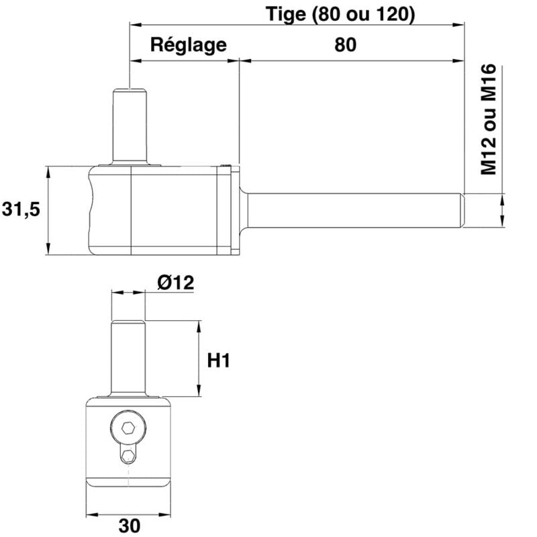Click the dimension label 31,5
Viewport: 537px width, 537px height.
[21, 209]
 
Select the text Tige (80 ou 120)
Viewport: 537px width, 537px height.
[340, 13]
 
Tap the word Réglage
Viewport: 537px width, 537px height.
[188, 45]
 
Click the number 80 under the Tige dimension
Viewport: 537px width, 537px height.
[344, 45]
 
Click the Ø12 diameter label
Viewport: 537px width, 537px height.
[176, 283]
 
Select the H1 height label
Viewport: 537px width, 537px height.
[219, 361]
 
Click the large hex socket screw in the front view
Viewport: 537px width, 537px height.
[128, 428]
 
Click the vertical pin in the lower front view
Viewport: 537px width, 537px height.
[128, 359]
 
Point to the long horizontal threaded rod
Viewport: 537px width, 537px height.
[349, 209]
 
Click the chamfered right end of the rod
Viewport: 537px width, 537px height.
[462, 209]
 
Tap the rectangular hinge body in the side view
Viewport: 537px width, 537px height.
[161, 209]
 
